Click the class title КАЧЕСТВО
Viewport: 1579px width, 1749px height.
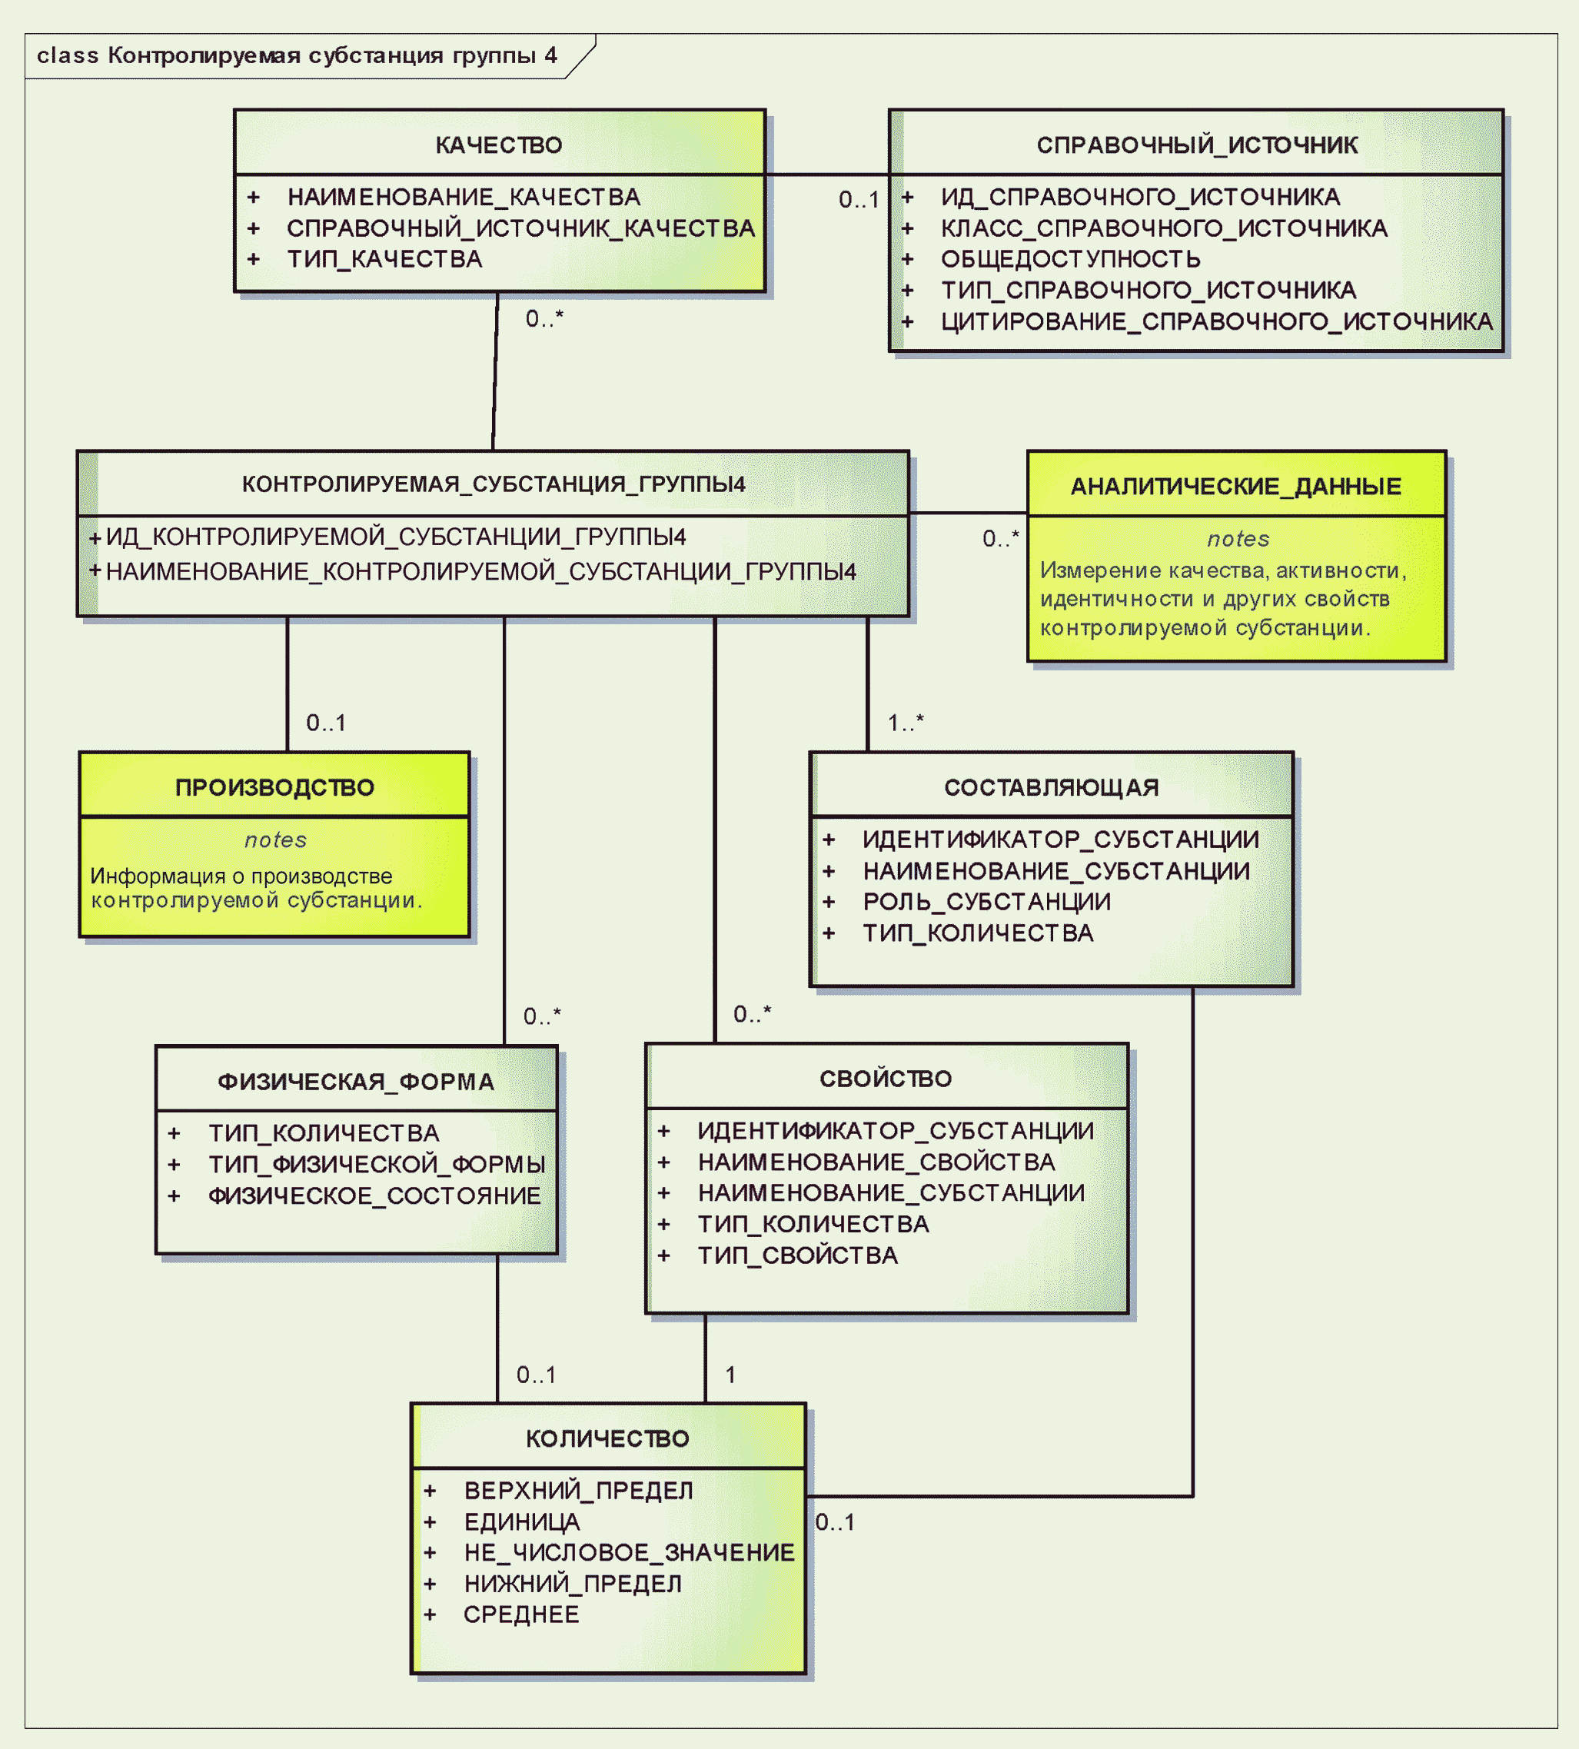(x=499, y=145)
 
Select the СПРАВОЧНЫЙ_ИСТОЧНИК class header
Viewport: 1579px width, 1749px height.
(x=1197, y=145)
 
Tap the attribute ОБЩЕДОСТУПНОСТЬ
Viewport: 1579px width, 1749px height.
(x=1071, y=259)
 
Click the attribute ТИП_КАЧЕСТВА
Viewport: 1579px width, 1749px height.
(x=384, y=259)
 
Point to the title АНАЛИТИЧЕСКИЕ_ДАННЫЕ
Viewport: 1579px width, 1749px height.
(x=1236, y=486)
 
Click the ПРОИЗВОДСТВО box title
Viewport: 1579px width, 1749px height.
(x=275, y=787)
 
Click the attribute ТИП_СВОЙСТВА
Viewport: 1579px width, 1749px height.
(x=798, y=1255)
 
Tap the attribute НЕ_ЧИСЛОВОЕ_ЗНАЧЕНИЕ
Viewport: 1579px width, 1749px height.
(x=629, y=1553)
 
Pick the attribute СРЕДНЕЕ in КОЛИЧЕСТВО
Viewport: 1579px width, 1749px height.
(x=521, y=1614)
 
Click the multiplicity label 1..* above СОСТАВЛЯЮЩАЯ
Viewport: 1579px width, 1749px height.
(x=906, y=722)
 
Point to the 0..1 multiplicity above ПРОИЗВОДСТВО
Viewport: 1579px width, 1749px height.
(x=326, y=723)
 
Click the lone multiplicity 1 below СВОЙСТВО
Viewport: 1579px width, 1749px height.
(x=730, y=1375)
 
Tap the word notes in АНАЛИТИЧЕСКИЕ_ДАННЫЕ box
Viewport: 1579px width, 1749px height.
(x=1238, y=539)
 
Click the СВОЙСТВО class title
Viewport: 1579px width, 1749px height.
(x=886, y=1079)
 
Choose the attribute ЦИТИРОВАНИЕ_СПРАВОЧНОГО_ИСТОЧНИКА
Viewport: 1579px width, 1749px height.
(x=1217, y=322)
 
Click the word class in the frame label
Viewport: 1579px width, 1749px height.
(x=68, y=55)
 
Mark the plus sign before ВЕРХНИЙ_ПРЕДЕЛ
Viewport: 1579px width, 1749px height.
(x=430, y=1491)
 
